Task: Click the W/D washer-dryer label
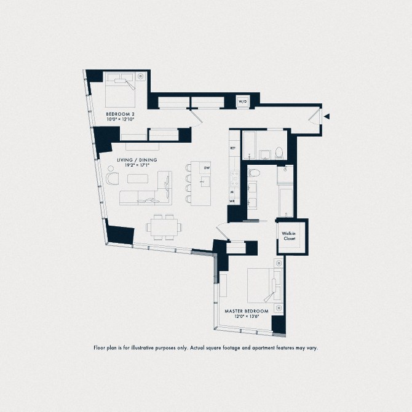coord(242,101)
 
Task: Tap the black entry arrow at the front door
coord(328,116)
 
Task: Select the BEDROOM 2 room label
coord(119,114)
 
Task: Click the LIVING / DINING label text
coord(137,160)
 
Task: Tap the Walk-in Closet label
coord(289,236)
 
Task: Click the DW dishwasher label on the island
coord(207,167)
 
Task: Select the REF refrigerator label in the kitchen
coord(232,148)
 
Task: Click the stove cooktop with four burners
coord(234,178)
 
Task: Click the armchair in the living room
coord(112,179)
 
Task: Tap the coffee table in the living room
coord(139,179)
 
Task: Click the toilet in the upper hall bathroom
coord(278,152)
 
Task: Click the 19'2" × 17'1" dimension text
coord(136,165)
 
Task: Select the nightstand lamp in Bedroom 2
coord(141,76)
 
